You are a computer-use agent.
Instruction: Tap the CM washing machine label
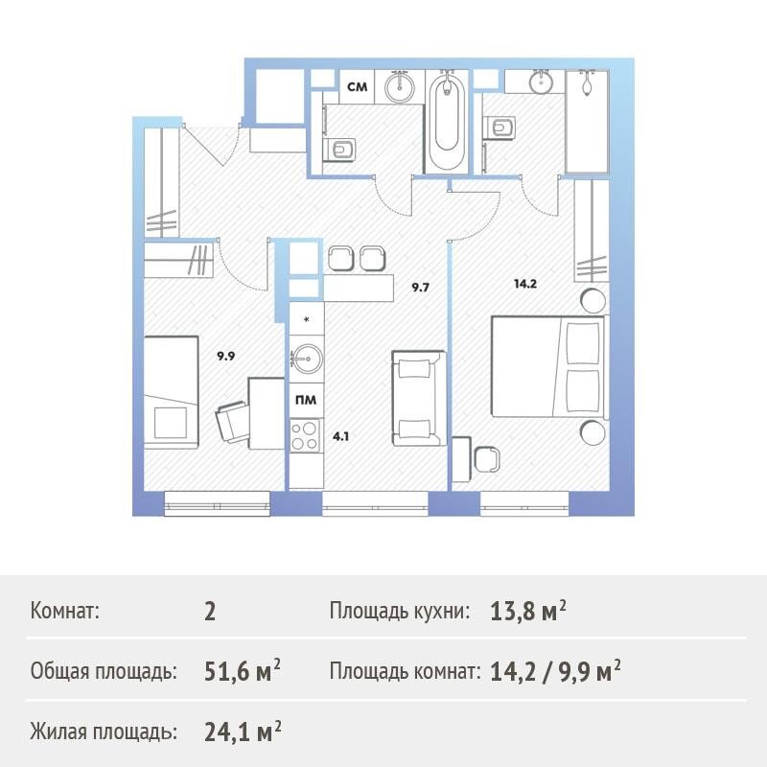(x=357, y=87)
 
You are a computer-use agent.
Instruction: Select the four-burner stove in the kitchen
(x=304, y=435)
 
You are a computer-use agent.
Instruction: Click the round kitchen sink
(x=307, y=360)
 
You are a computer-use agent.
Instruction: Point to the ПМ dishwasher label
(x=306, y=400)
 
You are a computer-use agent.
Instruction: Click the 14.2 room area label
(x=525, y=284)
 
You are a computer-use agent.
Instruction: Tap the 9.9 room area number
(x=226, y=356)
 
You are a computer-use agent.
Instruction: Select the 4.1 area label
(x=340, y=436)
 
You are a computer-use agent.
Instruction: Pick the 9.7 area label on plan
(x=420, y=287)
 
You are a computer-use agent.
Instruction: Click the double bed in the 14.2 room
(x=548, y=367)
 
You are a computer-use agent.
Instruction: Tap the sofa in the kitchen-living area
(x=419, y=398)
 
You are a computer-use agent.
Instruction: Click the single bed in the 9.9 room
(x=171, y=392)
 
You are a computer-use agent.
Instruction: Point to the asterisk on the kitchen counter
(x=307, y=320)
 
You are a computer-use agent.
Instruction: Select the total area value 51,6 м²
(x=243, y=671)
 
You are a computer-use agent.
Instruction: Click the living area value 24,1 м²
(x=243, y=732)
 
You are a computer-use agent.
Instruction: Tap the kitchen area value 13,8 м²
(x=528, y=611)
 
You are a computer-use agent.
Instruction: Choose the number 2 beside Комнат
(x=210, y=612)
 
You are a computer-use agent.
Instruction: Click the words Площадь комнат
(x=402, y=672)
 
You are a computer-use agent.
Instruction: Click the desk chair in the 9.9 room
(x=231, y=422)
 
